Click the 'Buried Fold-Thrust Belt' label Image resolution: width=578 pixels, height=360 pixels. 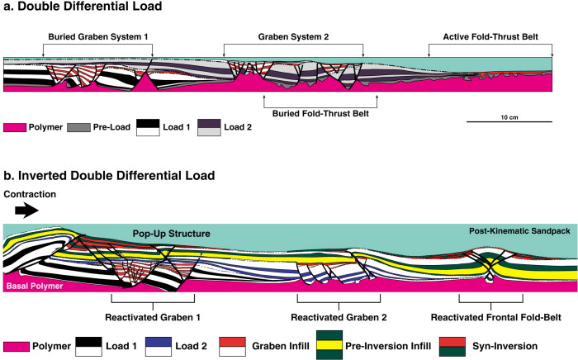[320, 117]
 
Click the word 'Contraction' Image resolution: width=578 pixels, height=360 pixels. [30, 195]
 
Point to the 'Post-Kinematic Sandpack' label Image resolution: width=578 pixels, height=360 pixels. [519, 231]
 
